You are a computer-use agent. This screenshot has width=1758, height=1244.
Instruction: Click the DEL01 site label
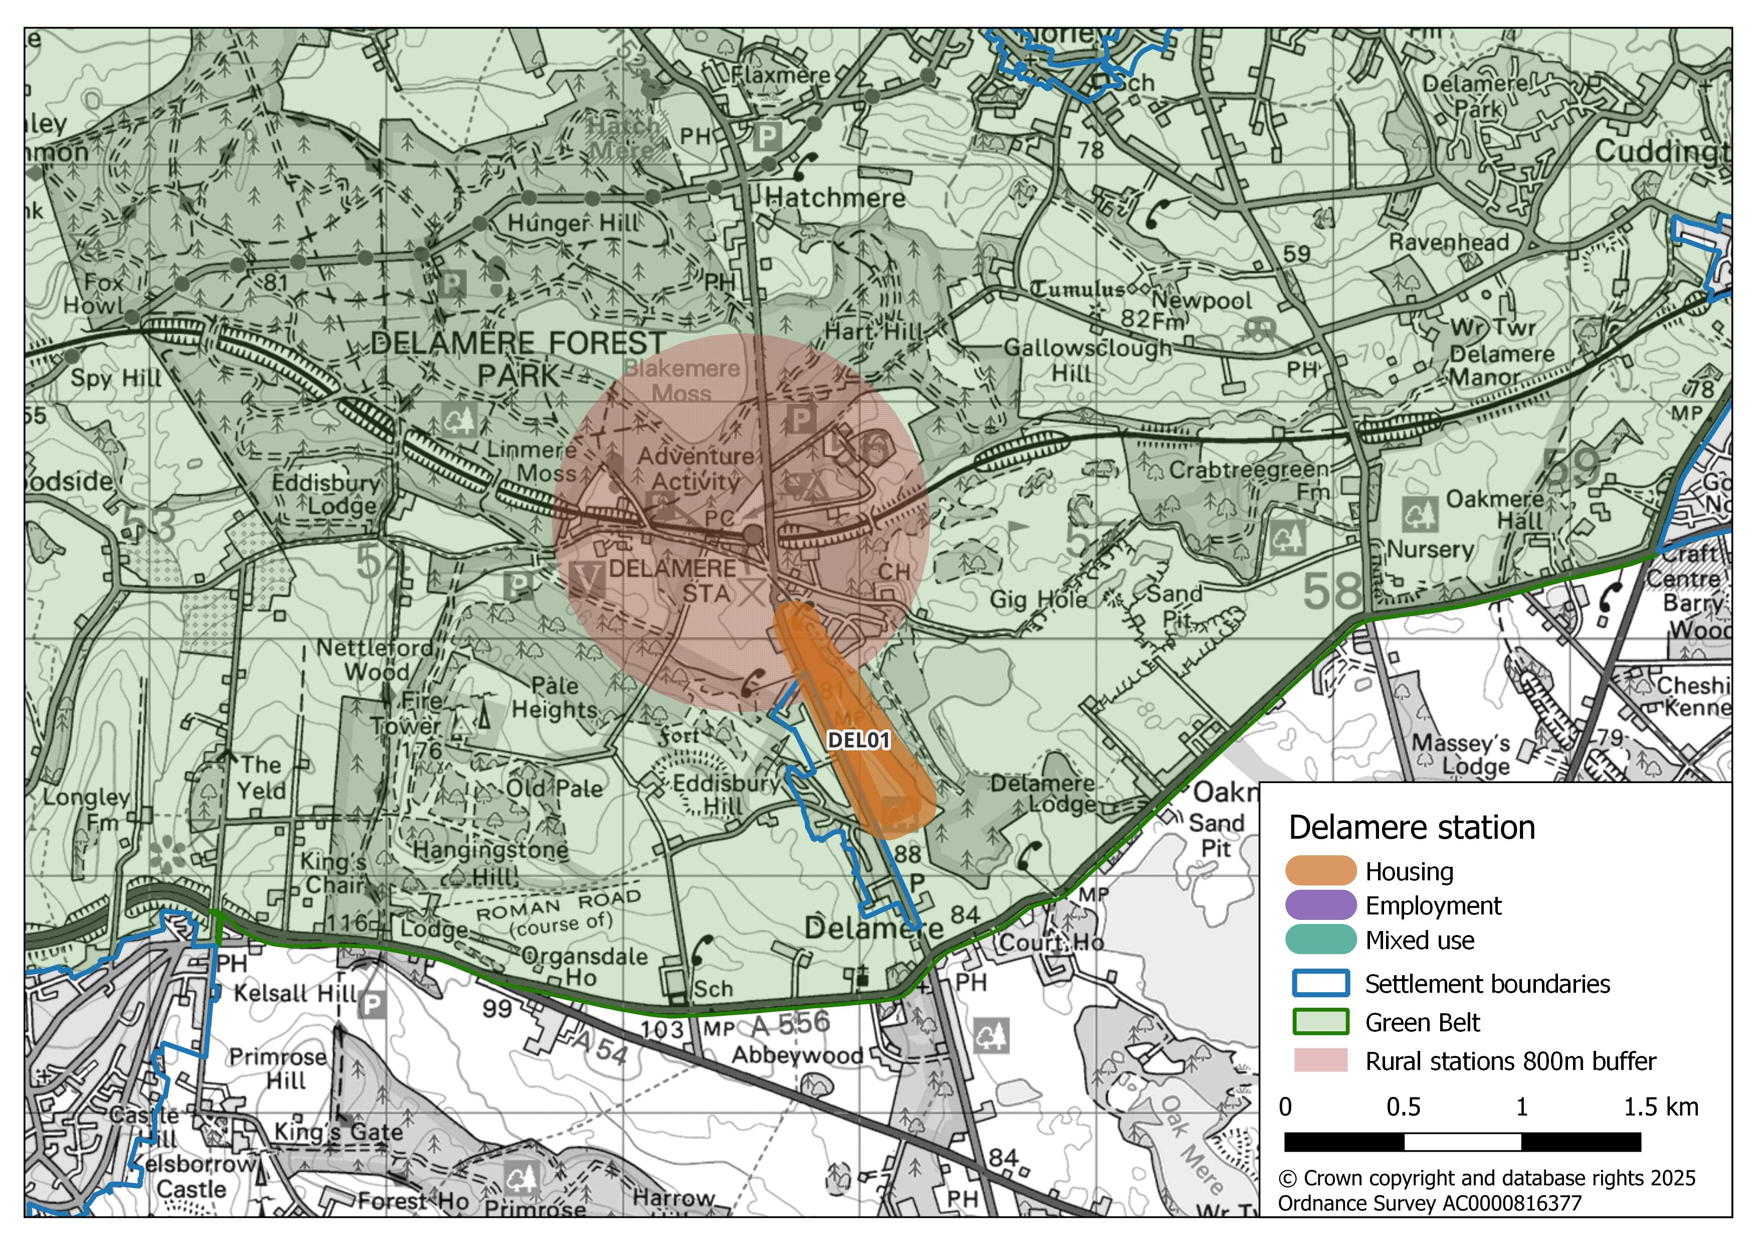(858, 740)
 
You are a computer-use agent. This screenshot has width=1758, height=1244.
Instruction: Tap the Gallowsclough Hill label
(1087, 360)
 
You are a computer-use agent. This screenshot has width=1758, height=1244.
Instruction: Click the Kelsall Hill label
(295, 994)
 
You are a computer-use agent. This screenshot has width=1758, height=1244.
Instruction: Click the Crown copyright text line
(1486, 1178)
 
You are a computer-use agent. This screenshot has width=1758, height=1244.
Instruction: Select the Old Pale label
(554, 788)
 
